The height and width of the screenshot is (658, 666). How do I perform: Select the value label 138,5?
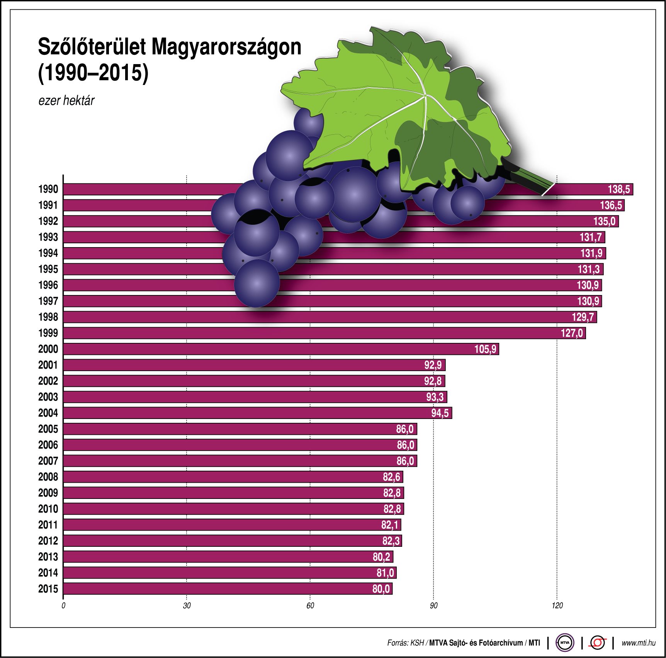point(619,189)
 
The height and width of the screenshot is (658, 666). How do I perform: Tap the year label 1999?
point(48,333)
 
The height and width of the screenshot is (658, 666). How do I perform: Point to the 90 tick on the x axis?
point(433,605)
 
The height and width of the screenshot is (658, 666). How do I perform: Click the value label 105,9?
point(485,349)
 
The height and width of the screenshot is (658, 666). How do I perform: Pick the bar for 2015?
point(228,589)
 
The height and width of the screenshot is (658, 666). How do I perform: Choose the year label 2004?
point(48,413)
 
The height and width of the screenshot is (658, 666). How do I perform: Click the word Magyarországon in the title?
point(226,47)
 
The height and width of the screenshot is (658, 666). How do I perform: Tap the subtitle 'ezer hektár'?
point(66,101)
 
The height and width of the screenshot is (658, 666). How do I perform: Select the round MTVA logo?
point(565,643)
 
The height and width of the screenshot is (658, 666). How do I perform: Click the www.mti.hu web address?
point(638,643)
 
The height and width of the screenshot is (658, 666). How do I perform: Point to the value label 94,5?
point(440,413)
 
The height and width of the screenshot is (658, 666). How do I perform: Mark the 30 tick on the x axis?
point(187,605)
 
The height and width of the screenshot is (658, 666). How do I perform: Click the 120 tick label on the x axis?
point(557,605)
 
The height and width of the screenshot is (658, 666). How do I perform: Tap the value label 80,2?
point(381,557)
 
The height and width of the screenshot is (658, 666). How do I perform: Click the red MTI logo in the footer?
point(598,643)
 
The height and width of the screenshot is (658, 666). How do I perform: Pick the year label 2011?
point(48,525)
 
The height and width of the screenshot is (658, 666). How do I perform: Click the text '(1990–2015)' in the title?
point(93,73)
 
